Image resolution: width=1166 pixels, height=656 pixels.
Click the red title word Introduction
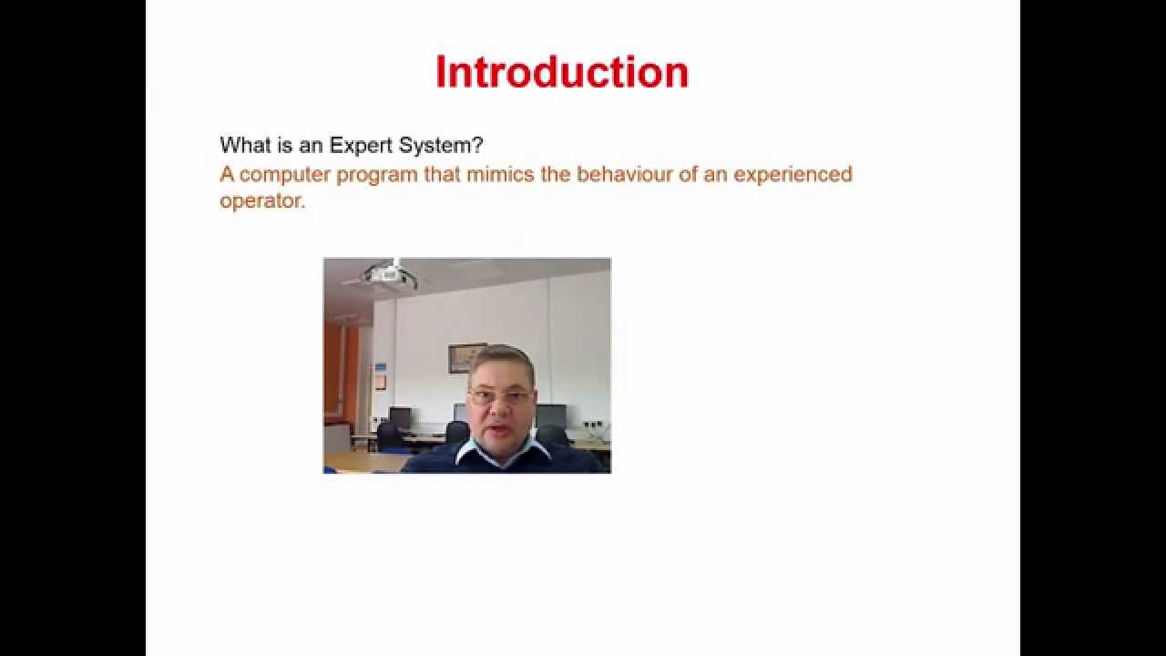coord(561,72)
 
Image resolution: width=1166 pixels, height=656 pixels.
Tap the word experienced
coord(793,173)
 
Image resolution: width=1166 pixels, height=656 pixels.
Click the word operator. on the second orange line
coord(262,200)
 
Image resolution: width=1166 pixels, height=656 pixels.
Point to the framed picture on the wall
coord(466,356)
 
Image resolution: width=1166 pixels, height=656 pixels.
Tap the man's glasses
coord(498,397)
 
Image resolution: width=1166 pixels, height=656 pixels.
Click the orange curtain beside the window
coord(335,374)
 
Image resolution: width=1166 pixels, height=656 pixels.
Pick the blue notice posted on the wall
coord(381,376)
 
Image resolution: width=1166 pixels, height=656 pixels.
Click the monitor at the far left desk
coord(400,417)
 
